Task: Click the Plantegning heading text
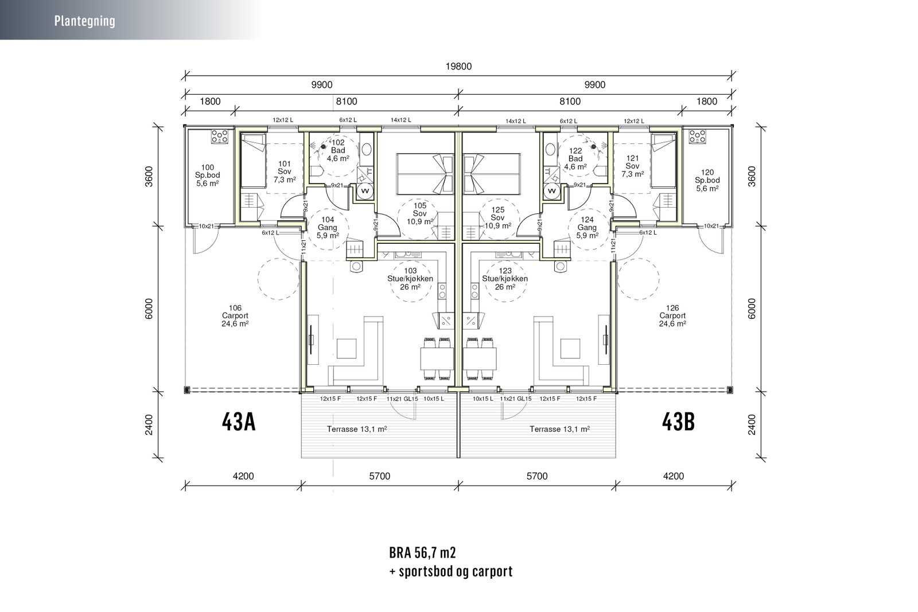(85, 21)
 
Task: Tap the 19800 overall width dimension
(458, 67)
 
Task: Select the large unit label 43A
(239, 422)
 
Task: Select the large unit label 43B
(678, 422)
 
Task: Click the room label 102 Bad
(338, 147)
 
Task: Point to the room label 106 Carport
(235, 311)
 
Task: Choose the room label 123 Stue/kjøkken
(505, 275)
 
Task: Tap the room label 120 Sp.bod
(707, 177)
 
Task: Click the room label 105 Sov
(420, 209)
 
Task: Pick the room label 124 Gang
(588, 223)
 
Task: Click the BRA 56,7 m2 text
(422, 552)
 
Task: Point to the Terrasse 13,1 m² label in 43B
(560, 429)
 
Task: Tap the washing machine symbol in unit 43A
(365, 191)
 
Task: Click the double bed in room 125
(492, 174)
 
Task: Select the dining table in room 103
(437, 359)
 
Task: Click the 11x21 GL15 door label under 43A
(402, 399)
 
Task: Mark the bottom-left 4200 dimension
(243, 476)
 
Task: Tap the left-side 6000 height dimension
(149, 309)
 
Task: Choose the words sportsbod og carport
(456, 571)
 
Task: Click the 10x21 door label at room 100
(206, 226)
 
